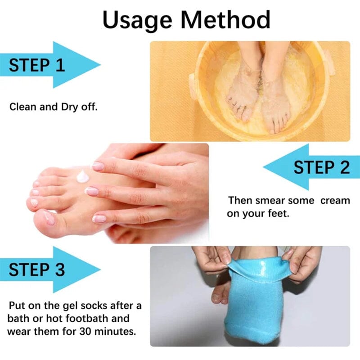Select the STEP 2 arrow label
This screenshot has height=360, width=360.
tap(321, 167)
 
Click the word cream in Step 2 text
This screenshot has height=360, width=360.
tap(335, 200)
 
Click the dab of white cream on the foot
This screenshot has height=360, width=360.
tap(83, 176)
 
